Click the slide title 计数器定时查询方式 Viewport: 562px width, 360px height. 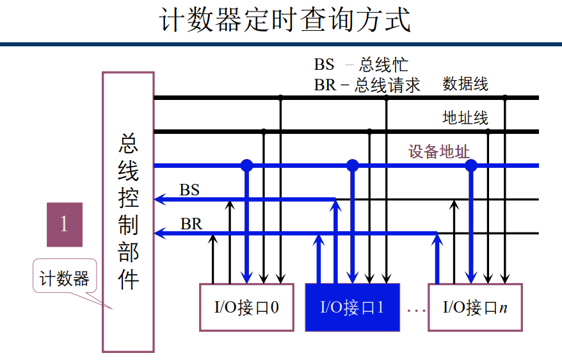coord(284,20)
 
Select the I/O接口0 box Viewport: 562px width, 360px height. coord(246,307)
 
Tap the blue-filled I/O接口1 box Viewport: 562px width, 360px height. coord(352,307)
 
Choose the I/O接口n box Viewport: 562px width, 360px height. coord(475,307)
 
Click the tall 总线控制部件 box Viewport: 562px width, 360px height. coord(128,211)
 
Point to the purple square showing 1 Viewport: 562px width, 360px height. coord(64,224)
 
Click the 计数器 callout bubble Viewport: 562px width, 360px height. coord(64,279)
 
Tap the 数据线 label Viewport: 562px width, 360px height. coord(465,84)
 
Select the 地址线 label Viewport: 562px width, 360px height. coord(465,118)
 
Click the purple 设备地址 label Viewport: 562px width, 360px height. coord(439,152)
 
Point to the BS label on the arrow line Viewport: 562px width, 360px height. coord(189,190)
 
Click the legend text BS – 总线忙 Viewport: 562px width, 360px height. coord(360,65)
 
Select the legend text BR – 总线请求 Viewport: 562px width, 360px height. coord(367,85)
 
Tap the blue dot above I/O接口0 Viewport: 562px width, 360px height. coord(246,165)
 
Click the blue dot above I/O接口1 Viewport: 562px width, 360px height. coord(352,165)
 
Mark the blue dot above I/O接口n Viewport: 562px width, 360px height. coord(471,165)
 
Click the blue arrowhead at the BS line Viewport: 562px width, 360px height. coord(160,200)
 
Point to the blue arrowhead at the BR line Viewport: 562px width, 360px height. coord(160,233)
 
